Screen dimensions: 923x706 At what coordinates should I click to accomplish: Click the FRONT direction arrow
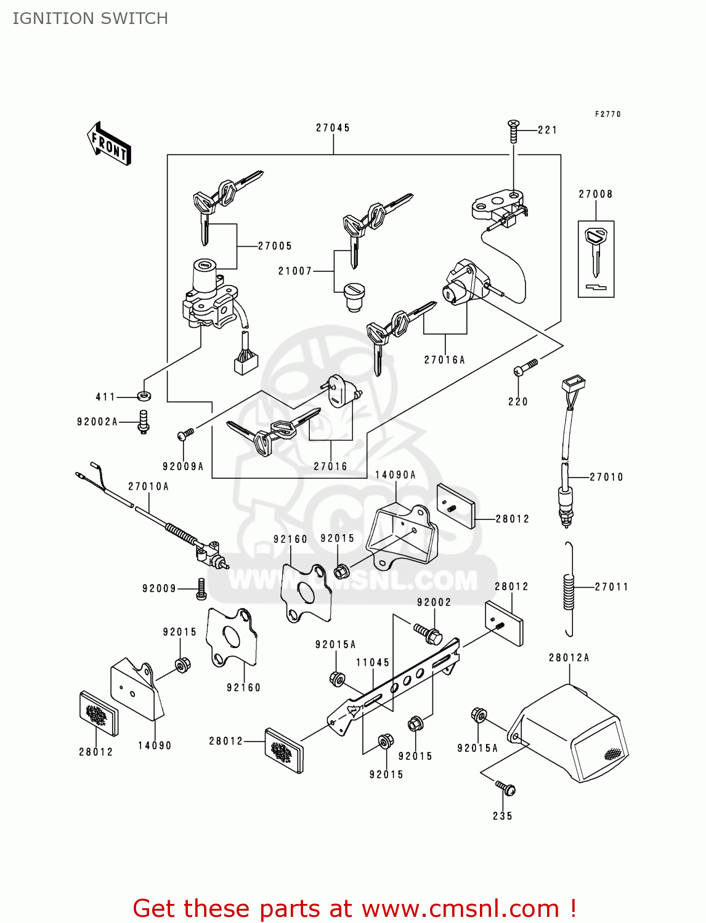pyautogui.click(x=110, y=143)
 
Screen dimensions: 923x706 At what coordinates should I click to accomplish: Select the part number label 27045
pyautogui.click(x=333, y=128)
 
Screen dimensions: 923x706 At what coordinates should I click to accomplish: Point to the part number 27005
pyautogui.click(x=275, y=246)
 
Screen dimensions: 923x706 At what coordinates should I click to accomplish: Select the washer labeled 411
pyautogui.click(x=144, y=396)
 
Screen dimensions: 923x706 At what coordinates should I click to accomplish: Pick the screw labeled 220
pyautogui.click(x=525, y=368)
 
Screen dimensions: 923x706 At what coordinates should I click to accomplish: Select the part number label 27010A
pyautogui.click(x=148, y=487)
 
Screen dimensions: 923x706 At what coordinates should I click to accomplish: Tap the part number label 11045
pyautogui.click(x=373, y=663)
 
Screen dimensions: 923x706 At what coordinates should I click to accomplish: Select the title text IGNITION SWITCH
pyautogui.click(x=91, y=18)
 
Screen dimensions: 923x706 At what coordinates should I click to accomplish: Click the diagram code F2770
pyautogui.click(x=607, y=114)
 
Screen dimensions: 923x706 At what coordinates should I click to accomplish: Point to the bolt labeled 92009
pyautogui.click(x=201, y=589)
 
